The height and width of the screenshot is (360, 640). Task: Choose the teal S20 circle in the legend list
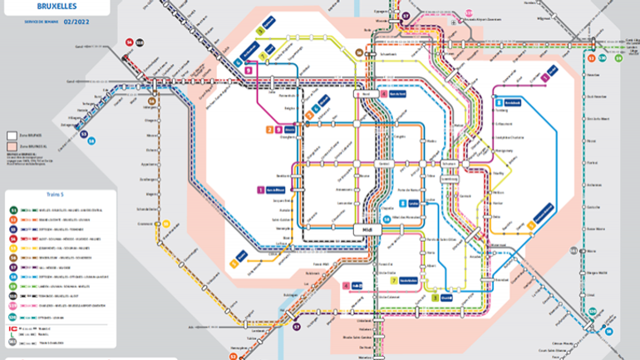coord(13,317)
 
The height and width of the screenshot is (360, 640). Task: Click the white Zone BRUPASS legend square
coord(12,134)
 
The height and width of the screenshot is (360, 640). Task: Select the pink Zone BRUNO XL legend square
coord(12,145)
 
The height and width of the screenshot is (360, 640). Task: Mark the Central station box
coord(385,164)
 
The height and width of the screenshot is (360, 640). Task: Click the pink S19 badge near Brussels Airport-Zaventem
coord(469,12)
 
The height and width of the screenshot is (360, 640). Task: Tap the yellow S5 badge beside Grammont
coord(166,224)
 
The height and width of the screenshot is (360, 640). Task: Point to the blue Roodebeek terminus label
coord(512,101)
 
